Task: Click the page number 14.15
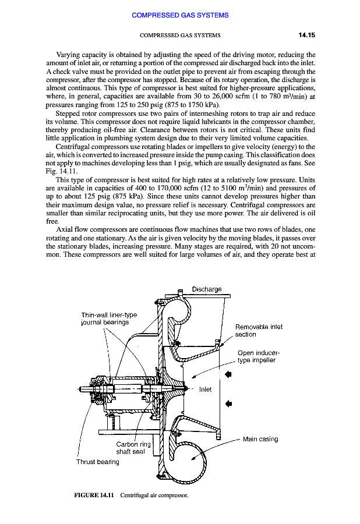pyautogui.click(x=306, y=35)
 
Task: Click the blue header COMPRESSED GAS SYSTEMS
pyautogui.click(x=180, y=15)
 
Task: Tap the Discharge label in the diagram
pyautogui.click(x=207, y=289)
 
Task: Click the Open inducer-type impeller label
pyautogui.click(x=259, y=356)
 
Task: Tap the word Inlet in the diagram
pyautogui.click(x=206, y=389)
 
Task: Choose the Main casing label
pyautogui.click(x=260, y=439)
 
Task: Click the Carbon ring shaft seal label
pyautogui.click(x=133, y=448)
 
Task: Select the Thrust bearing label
pyautogui.click(x=98, y=462)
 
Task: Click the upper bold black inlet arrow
pyautogui.click(x=229, y=375)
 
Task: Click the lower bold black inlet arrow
pyautogui.click(x=229, y=402)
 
